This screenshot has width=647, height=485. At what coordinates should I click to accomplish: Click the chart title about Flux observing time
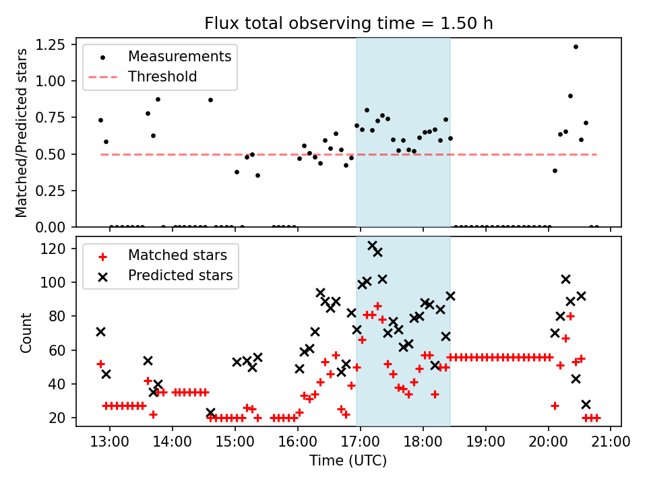[348, 24]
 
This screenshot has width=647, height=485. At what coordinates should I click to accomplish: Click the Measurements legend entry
[180, 56]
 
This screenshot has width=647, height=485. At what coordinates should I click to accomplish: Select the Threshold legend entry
[162, 77]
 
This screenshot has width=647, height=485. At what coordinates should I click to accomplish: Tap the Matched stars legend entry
[177, 255]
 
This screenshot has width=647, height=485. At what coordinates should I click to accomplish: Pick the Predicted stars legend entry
[180, 276]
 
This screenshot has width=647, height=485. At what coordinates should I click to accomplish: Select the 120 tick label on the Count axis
[59, 249]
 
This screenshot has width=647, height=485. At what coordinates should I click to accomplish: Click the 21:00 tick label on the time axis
[611, 442]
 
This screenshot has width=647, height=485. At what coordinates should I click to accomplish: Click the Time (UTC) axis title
[348, 461]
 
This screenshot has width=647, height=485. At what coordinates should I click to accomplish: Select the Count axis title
[26, 332]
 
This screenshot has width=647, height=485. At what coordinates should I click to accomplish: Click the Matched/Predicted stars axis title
[22, 133]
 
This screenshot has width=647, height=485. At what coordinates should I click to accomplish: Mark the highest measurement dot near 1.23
[576, 46]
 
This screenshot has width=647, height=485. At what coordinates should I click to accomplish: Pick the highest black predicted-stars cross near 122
[372, 246]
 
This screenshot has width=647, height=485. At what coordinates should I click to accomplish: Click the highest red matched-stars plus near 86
[377, 306]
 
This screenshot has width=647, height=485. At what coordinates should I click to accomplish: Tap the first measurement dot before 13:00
[100, 120]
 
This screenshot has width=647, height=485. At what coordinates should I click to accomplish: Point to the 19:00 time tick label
[485, 442]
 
